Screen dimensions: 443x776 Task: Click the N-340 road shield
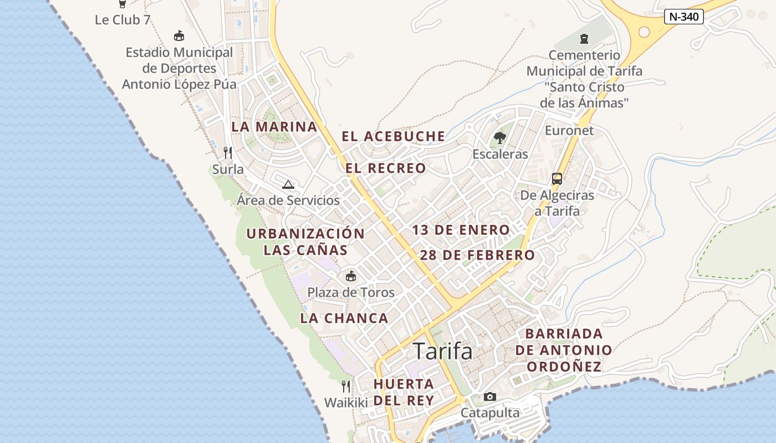(683, 17)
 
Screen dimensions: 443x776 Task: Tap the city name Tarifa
(443, 351)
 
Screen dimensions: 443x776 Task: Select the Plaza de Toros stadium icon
(350, 276)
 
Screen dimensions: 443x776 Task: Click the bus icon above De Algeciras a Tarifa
(557, 179)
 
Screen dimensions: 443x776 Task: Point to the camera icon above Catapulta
(490, 396)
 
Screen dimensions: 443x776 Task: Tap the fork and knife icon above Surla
(227, 152)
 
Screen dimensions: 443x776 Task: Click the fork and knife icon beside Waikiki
(346, 386)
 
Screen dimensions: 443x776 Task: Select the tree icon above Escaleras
(500, 137)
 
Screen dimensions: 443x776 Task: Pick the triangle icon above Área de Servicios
(288, 184)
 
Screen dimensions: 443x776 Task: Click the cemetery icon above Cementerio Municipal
(584, 38)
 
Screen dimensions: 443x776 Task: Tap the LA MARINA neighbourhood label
(274, 127)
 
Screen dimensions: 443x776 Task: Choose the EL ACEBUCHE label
(393, 136)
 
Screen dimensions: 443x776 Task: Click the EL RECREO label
(386, 168)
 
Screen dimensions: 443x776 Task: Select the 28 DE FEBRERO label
(477, 255)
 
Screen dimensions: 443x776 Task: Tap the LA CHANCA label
(344, 318)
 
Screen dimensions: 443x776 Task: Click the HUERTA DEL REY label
(404, 392)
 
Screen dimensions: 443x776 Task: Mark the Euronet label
(569, 131)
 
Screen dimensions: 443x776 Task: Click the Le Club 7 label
(122, 20)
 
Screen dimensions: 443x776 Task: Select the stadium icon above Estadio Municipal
(179, 36)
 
